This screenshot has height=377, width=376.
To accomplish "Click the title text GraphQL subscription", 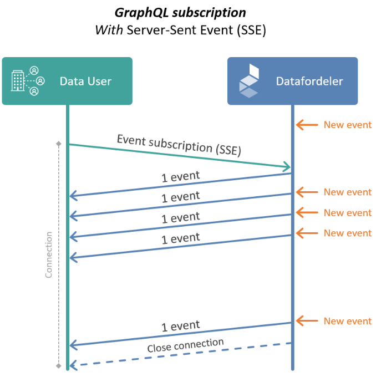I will [180, 12].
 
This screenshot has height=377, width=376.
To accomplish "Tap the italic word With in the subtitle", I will [109, 30].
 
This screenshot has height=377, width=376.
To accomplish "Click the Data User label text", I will [85, 81].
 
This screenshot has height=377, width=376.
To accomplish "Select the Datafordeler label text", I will [309, 81].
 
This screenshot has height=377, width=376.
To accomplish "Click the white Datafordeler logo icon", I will [248, 81].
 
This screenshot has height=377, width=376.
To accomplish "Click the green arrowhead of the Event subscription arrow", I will [287, 167].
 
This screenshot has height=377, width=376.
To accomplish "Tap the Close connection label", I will [185, 345].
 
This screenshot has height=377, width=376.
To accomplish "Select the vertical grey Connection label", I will [49, 254].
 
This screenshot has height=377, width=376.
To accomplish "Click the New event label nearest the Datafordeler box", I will [347, 125].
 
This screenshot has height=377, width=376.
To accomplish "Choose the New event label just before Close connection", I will [347, 321].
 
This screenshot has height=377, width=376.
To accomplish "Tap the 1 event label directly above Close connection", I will [180, 326].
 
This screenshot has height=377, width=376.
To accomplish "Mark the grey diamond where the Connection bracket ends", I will [58, 366].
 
